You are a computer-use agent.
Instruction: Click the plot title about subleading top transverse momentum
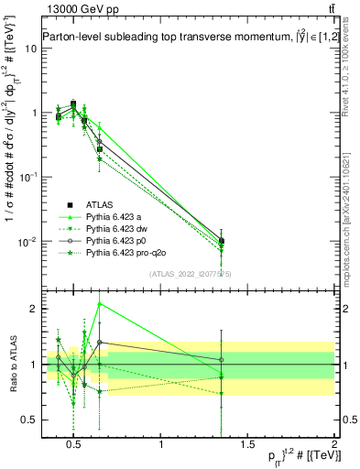tap(180, 38)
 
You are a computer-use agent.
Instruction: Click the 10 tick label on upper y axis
tap(29, 49)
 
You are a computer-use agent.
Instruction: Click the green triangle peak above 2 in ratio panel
tap(100, 303)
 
